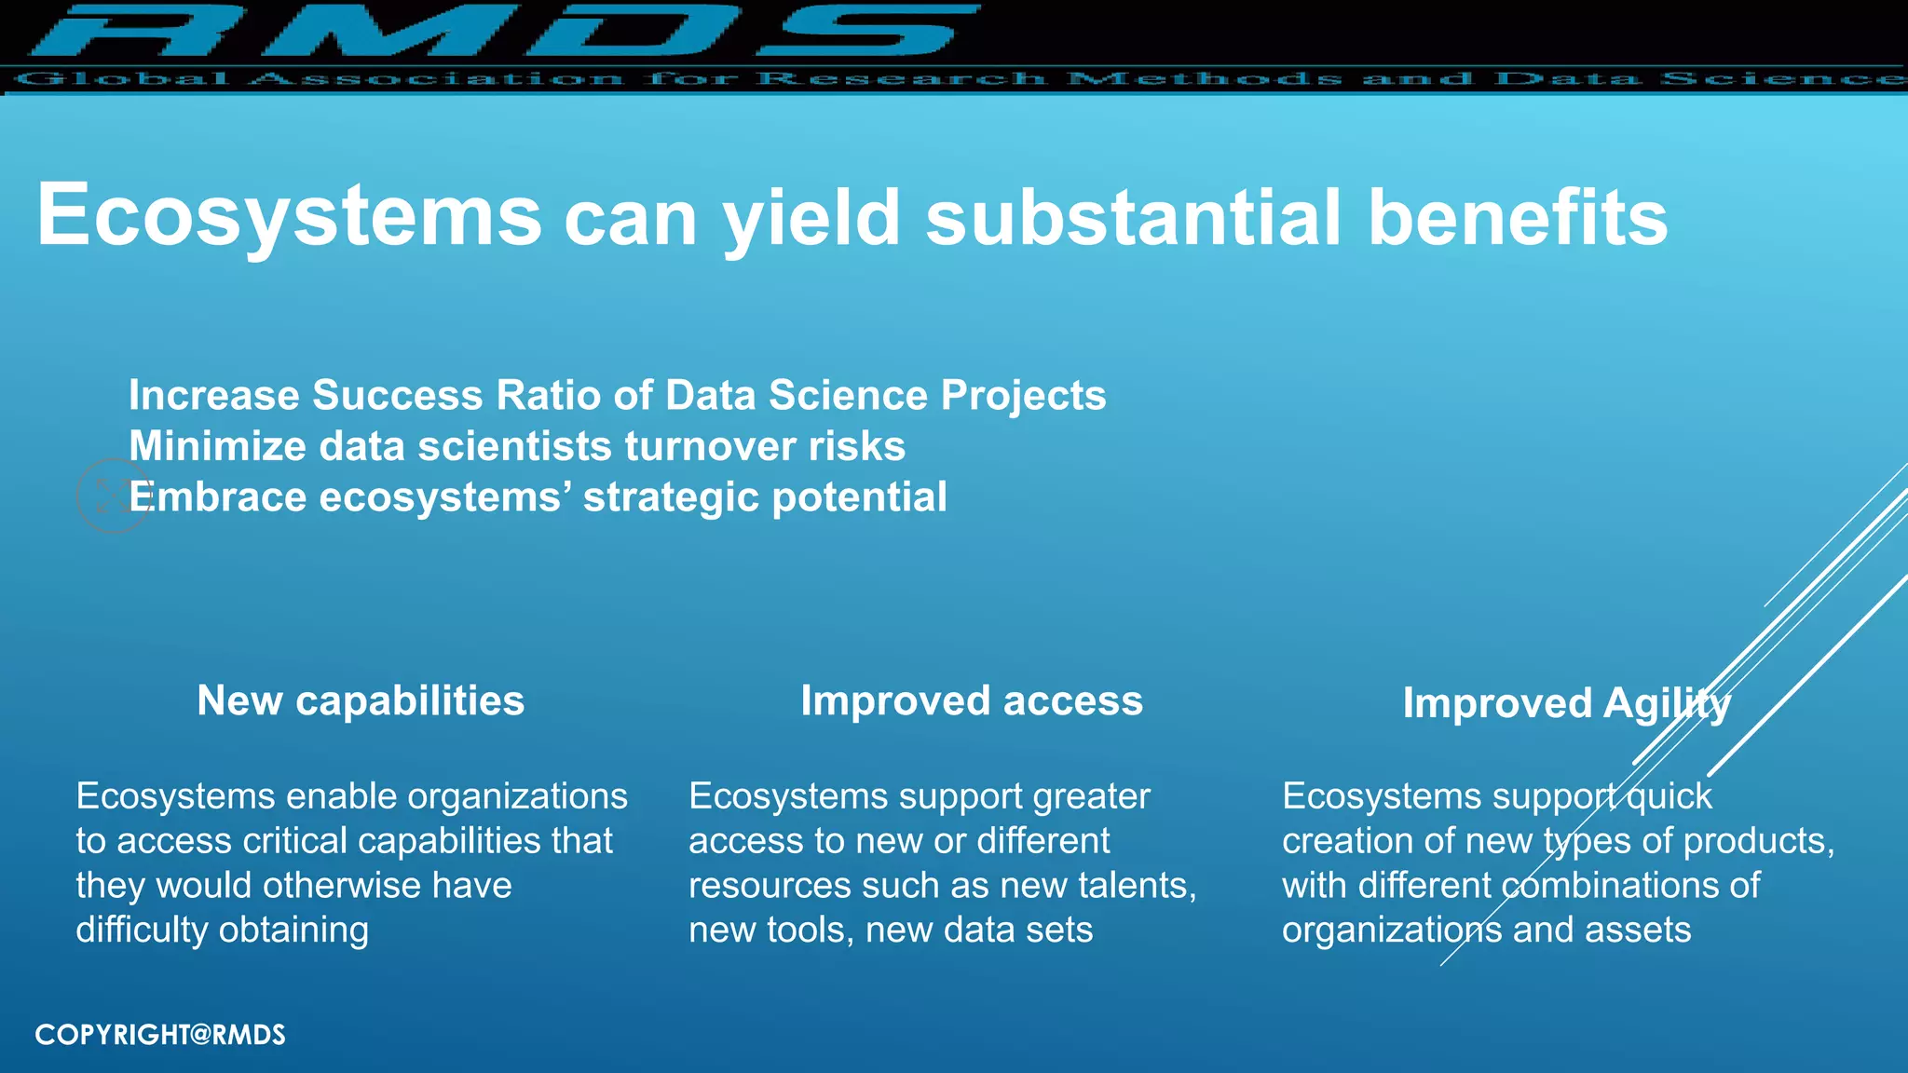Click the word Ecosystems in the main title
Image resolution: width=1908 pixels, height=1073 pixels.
tap(289, 216)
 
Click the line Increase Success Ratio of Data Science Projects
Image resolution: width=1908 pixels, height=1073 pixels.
tap(617, 396)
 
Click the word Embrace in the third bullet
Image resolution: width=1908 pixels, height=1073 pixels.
tap(217, 497)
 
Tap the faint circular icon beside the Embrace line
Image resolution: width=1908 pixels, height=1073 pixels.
tap(112, 496)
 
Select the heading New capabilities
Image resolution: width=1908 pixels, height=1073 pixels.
tap(361, 700)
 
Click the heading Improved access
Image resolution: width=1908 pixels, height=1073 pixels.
tap(971, 700)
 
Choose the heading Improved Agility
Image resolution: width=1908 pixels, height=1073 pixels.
tap(1565, 703)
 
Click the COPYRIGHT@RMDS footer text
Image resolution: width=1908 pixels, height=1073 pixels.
tap(160, 1035)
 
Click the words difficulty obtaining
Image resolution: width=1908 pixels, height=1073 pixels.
tap(222, 930)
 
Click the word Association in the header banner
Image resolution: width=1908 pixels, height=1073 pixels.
tap(436, 79)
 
